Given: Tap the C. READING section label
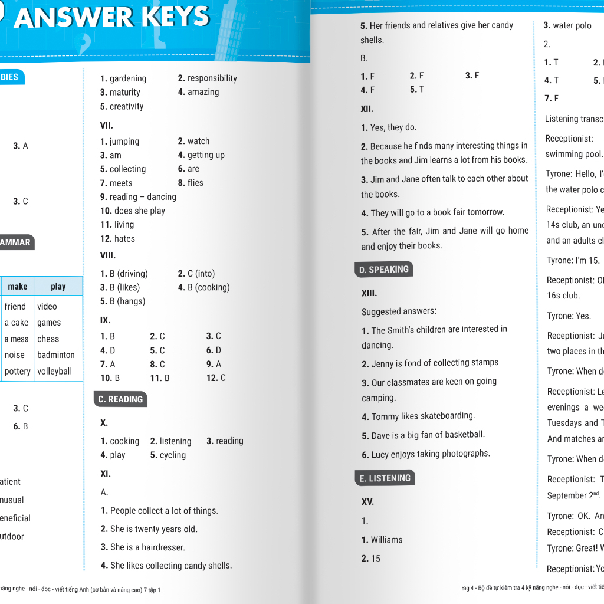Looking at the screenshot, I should coord(120,399).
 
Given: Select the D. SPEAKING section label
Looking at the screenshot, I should coord(383,270).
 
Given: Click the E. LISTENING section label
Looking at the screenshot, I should coord(385,478).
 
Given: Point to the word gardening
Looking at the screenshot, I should coord(128,78).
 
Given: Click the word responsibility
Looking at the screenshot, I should coord(212,78).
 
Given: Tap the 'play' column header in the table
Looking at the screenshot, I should coord(58,287).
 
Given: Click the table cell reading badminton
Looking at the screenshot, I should coord(56,355).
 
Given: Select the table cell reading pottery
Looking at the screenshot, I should coord(17,372).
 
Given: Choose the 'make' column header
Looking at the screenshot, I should coord(18,287).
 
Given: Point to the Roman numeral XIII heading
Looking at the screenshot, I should coord(369,293).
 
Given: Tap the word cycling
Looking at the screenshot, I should coord(172,455).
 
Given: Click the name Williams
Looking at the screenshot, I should coord(386,540).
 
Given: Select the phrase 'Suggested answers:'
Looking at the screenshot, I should coord(399,311).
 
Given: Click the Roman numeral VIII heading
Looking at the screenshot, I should coord(108,255).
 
